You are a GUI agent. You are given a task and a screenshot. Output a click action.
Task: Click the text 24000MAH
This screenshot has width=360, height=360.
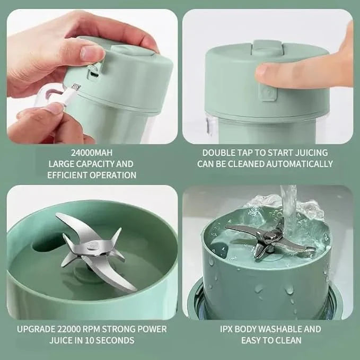point(90,153)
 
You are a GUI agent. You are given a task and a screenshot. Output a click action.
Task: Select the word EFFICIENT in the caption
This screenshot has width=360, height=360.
point(66,175)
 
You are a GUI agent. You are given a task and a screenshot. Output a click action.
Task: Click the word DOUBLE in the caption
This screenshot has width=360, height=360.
point(219,153)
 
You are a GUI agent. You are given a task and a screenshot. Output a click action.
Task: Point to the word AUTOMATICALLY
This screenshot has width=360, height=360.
point(302,164)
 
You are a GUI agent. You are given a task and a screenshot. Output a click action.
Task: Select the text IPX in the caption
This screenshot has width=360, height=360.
point(229,329)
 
